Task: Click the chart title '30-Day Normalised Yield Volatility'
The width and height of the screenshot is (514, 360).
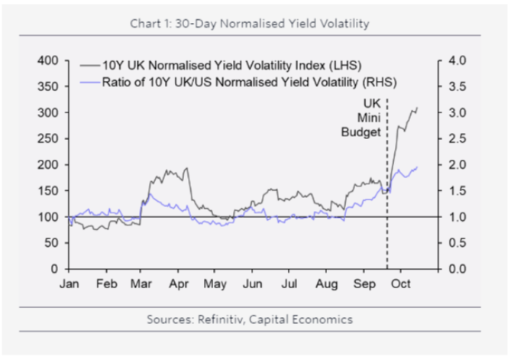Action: tap(273, 24)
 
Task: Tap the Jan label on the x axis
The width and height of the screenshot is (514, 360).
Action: tap(70, 284)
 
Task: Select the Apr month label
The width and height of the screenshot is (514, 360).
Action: tap(178, 284)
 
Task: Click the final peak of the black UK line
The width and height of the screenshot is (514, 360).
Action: tap(417, 108)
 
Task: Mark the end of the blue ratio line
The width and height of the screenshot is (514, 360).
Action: tap(417, 167)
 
